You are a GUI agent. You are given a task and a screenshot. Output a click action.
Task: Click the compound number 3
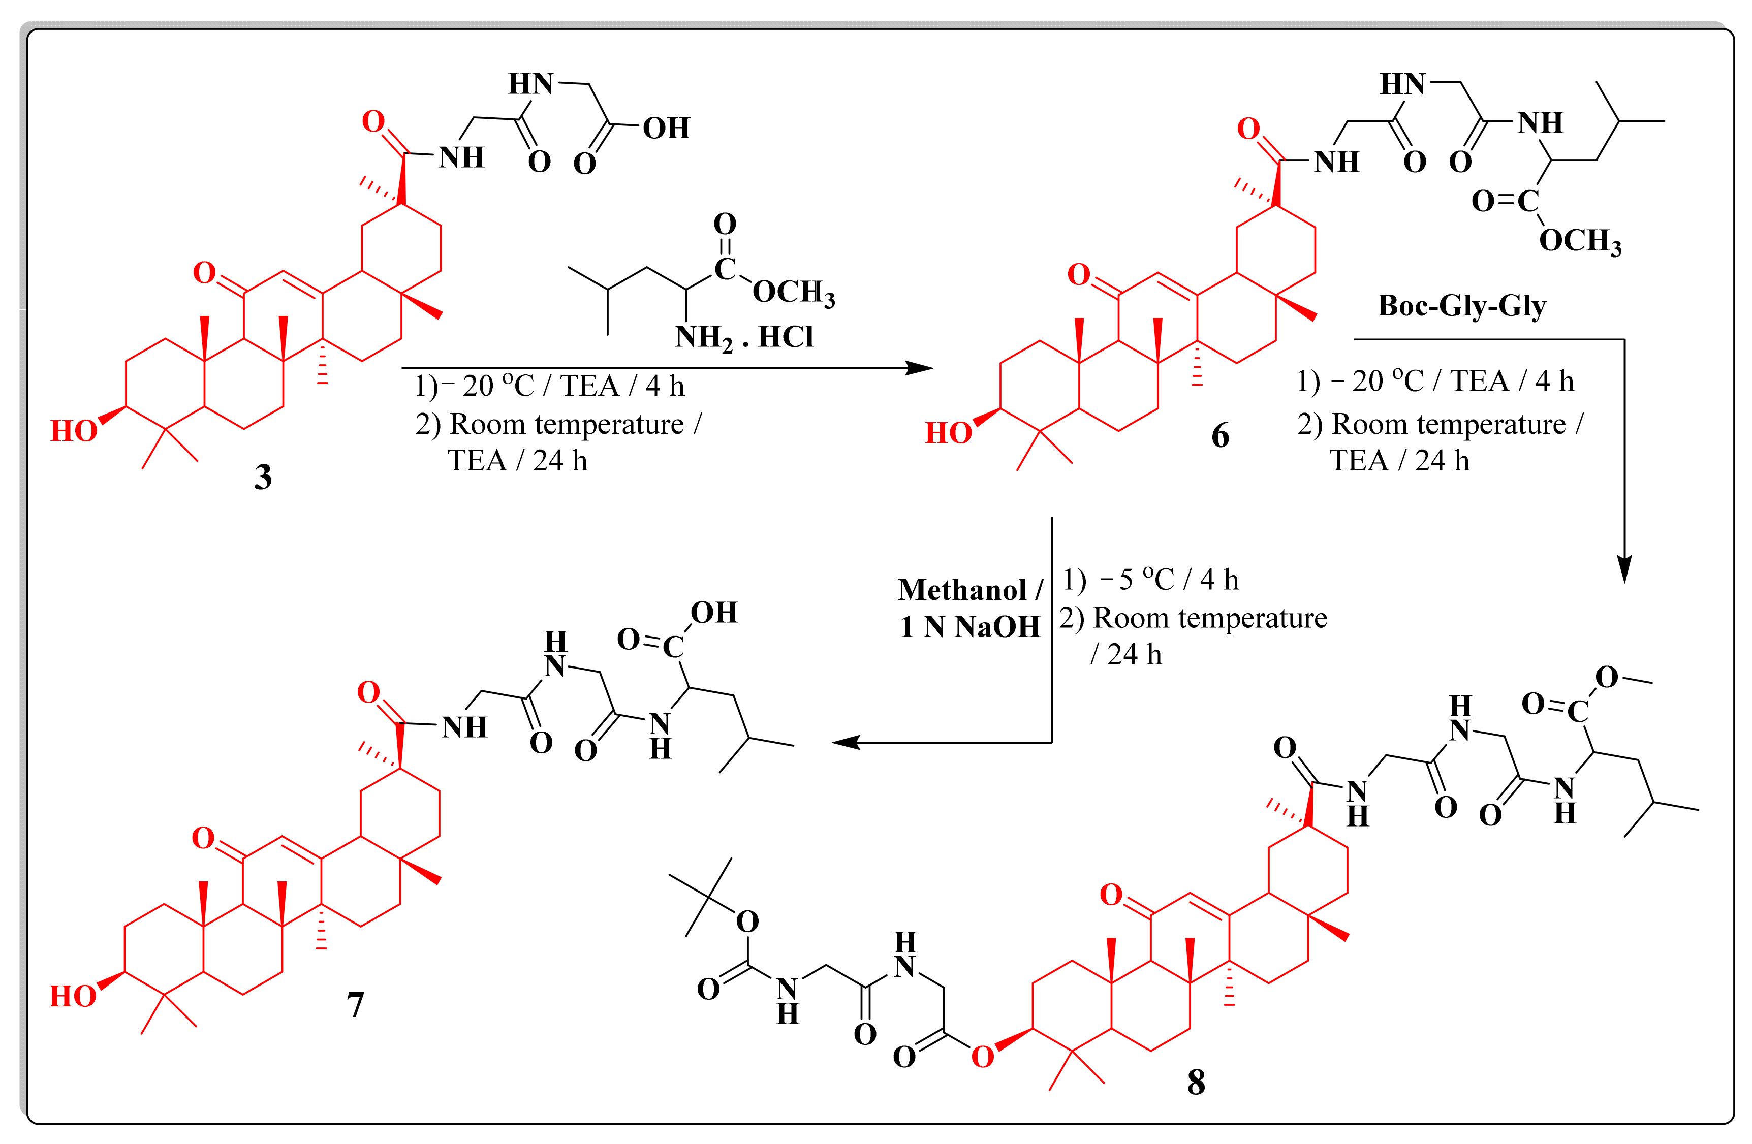263,477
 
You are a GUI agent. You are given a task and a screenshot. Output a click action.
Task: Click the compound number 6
1220,436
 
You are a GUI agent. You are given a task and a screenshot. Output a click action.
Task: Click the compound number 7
356,1004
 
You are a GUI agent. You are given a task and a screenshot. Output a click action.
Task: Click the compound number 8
1196,1082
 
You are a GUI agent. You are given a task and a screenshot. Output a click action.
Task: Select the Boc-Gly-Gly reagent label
1461,305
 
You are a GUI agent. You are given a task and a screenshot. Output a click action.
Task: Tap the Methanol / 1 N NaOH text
969,608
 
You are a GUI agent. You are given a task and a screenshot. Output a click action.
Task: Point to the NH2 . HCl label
743,337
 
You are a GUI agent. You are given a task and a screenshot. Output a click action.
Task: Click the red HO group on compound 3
74,431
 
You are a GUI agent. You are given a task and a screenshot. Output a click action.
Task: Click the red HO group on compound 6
948,433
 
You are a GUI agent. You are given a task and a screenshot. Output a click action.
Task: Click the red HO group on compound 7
73,997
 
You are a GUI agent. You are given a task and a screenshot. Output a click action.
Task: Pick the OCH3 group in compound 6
1580,241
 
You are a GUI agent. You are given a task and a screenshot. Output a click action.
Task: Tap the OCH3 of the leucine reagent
793,292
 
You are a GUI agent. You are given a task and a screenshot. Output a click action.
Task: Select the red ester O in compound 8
982,1057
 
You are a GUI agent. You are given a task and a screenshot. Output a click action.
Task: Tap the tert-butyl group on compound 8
707,896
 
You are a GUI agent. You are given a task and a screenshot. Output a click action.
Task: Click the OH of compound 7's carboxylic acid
713,613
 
